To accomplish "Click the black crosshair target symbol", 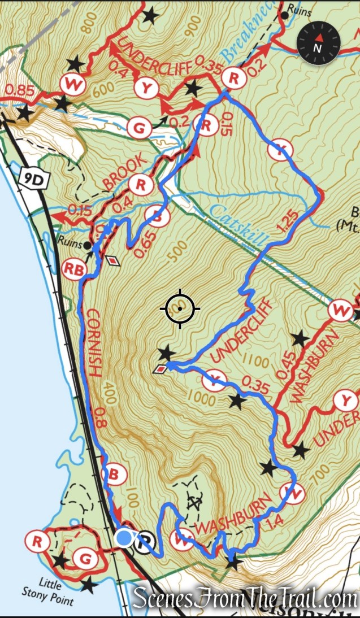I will click(180, 308).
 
